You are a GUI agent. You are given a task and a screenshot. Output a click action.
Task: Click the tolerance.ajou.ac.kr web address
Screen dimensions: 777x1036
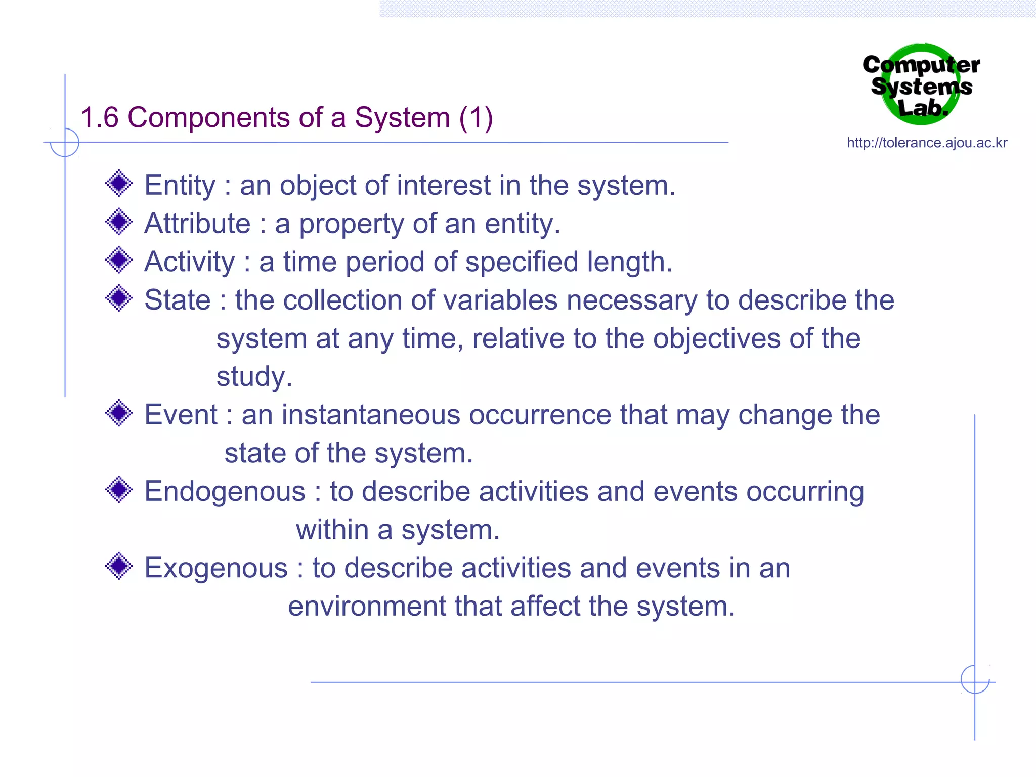(927, 143)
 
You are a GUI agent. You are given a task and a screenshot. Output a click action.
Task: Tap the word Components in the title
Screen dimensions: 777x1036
(209, 118)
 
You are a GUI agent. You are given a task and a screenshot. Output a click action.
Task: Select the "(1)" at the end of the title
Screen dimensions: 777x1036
(476, 118)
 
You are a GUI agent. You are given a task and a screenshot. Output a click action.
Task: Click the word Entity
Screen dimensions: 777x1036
(180, 185)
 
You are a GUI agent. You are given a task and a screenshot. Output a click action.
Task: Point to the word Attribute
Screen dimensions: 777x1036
(197, 224)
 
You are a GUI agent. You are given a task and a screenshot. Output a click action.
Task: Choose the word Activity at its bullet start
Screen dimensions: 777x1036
(190, 262)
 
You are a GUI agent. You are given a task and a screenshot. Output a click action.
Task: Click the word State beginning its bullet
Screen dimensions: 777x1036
(177, 300)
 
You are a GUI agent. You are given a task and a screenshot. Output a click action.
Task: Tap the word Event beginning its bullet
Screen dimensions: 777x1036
(181, 415)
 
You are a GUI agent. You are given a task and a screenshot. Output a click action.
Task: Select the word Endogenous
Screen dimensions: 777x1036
(225, 491)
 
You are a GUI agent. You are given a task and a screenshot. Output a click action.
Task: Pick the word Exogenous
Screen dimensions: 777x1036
(216, 568)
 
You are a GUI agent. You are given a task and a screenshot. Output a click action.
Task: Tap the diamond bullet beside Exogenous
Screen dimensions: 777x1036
(119, 566)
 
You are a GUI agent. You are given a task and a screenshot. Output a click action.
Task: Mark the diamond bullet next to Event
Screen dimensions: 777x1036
(119, 413)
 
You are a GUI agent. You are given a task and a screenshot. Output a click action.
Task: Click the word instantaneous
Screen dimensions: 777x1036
(370, 415)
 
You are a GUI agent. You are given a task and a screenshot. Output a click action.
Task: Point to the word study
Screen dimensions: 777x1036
(254, 377)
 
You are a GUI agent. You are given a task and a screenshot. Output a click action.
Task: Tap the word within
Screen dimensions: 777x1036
(332, 530)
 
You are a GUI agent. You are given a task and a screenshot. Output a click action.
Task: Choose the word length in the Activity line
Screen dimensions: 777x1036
(629, 262)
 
